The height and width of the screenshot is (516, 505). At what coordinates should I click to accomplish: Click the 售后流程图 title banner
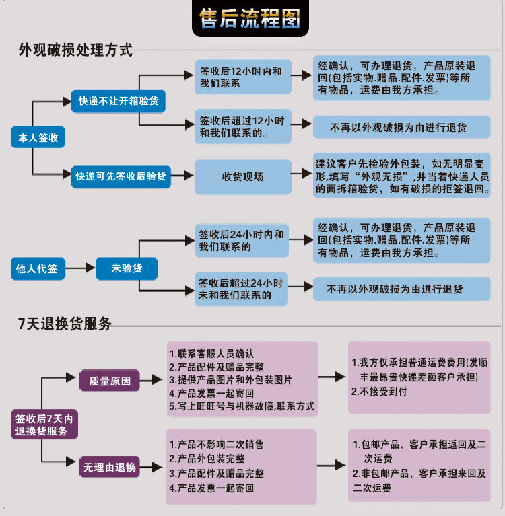(x=250, y=18)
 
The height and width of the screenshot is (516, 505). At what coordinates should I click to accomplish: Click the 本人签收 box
(x=38, y=137)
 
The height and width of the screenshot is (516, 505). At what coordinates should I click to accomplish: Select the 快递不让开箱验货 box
(x=119, y=101)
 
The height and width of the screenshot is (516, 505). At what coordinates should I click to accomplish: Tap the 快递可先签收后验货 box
(x=121, y=176)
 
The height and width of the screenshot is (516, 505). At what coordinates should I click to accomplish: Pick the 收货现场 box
(x=243, y=177)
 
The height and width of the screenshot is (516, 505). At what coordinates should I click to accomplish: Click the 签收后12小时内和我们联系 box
(x=243, y=77)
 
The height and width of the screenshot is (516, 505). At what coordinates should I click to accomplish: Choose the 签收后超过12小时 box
(x=243, y=126)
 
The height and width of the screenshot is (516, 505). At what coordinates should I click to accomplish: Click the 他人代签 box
(x=38, y=268)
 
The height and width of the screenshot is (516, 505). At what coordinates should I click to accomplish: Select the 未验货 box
(x=127, y=268)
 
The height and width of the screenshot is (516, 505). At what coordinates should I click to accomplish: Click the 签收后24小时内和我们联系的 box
(x=242, y=241)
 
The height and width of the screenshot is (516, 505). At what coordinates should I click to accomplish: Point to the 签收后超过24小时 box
(x=241, y=289)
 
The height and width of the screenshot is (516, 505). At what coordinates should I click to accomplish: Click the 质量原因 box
(x=110, y=380)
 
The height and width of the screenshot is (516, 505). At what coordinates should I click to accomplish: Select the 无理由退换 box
(x=110, y=467)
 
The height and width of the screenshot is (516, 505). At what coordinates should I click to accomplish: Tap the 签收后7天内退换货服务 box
(x=44, y=425)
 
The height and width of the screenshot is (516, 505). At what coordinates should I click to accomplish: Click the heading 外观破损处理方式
(x=75, y=50)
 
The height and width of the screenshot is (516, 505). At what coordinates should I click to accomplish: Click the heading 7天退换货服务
(x=65, y=324)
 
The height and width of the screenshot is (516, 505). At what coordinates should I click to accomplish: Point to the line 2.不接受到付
(x=380, y=392)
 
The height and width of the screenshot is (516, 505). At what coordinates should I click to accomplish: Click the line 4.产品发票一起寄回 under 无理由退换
(x=211, y=488)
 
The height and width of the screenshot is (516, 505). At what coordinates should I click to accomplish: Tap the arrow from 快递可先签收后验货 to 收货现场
(x=182, y=176)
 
